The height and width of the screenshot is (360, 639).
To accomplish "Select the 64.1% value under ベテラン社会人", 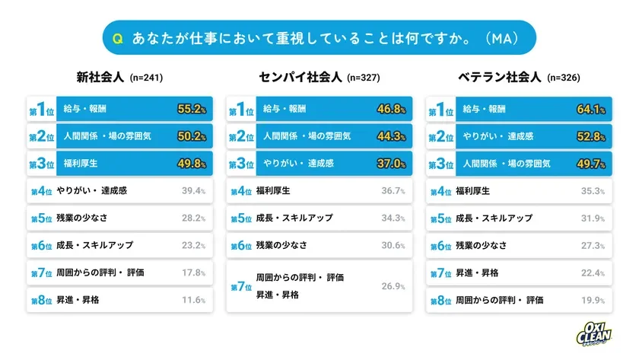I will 590,110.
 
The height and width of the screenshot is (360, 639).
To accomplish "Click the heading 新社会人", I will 100,77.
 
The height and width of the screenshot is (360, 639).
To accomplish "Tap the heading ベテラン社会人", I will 500,77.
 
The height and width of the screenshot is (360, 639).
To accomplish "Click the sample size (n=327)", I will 363,78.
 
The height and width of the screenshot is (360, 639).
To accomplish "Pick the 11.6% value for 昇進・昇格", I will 193,300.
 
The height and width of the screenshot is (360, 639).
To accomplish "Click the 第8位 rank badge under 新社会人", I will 41,300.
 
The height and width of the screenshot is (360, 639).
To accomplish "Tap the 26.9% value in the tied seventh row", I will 393,286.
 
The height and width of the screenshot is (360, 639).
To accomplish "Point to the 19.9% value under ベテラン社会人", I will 591,300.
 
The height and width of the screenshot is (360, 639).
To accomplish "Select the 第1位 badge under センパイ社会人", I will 241,110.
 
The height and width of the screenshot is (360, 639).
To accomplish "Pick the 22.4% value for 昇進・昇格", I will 591,272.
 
